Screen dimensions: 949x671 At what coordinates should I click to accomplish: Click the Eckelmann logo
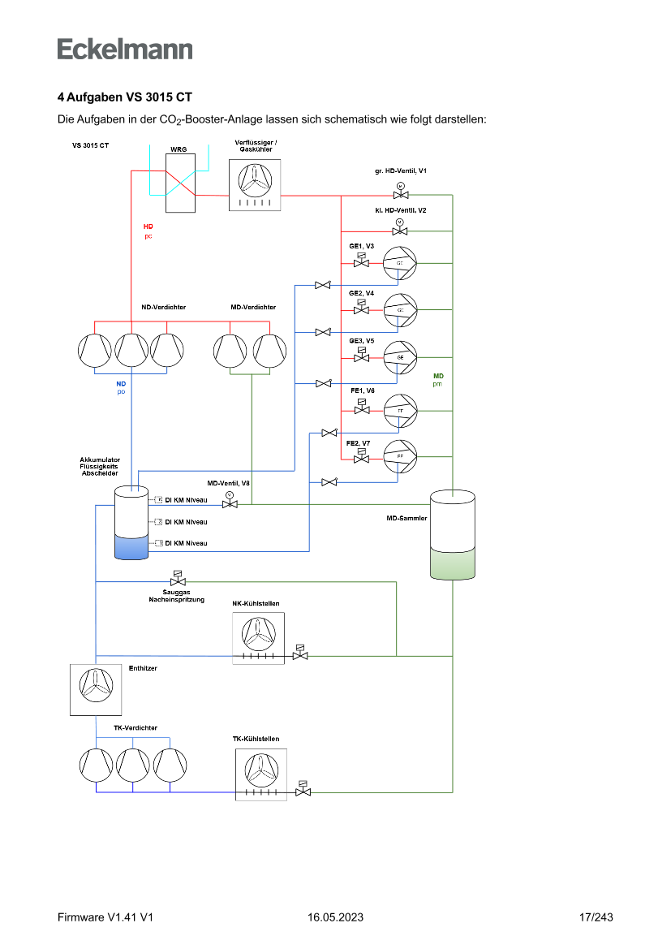(x=125, y=49)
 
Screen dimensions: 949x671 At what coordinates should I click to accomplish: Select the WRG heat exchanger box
(x=179, y=184)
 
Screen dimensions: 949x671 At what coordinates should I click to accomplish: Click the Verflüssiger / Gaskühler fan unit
(x=255, y=184)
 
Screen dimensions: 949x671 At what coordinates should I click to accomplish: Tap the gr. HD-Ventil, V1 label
(x=401, y=170)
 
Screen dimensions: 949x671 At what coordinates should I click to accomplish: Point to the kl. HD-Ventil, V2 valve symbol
(x=399, y=231)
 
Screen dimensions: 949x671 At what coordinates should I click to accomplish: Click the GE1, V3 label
(x=362, y=245)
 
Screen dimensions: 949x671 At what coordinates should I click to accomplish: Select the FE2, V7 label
(x=359, y=443)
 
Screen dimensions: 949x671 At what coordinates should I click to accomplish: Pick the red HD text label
(x=148, y=226)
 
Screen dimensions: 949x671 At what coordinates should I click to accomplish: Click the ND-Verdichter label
(x=164, y=307)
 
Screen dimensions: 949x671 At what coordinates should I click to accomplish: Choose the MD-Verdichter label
(x=253, y=307)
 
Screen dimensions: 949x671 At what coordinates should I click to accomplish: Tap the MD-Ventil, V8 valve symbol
(x=230, y=504)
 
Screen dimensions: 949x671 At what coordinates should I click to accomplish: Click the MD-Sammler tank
(x=453, y=535)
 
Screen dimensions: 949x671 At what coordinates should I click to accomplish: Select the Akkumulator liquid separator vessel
(x=131, y=523)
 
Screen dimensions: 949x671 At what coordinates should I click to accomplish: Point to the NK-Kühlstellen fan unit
(x=259, y=638)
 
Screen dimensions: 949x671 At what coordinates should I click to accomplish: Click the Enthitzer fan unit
(x=93, y=689)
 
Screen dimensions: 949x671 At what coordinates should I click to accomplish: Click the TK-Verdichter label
(x=135, y=727)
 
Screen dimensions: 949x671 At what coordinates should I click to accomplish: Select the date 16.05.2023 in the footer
(x=335, y=917)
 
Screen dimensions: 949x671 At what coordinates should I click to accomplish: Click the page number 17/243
(x=596, y=917)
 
